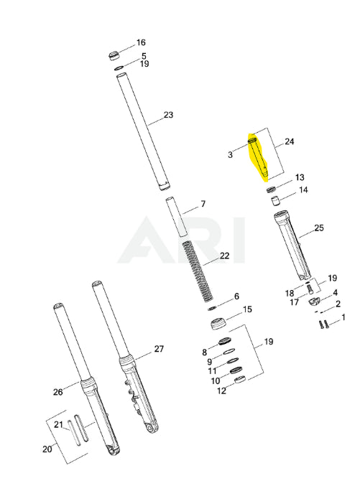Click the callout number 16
pyautogui.click(x=141, y=42)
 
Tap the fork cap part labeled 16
pyautogui.click(x=114, y=56)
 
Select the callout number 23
pyautogui.click(x=168, y=115)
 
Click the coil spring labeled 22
pyautogui.click(x=197, y=271)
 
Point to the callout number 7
pyautogui.click(x=203, y=204)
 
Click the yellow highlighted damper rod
pyautogui.click(x=258, y=156)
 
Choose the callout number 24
pyautogui.click(x=290, y=141)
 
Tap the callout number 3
pyautogui.click(x=230, y=154)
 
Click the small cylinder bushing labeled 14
pyautogui.click(x=275, y=201)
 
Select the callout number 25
pyautogui.click(x=319, y=228)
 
